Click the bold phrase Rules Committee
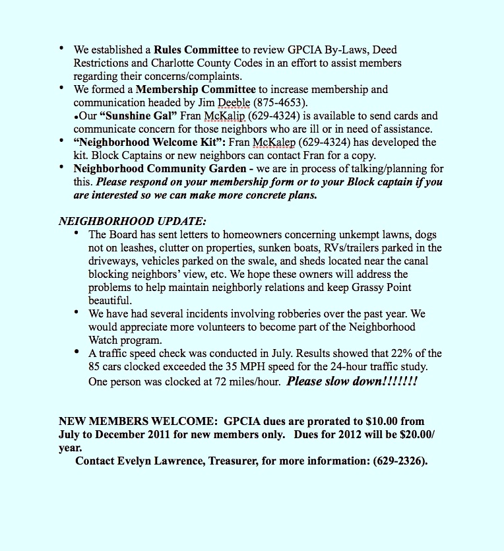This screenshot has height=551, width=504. click(196, 49)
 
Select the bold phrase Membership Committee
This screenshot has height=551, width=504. click(196, 89)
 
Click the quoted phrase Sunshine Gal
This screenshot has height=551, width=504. click(138, 115)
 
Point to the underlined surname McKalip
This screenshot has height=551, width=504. click(226, 115)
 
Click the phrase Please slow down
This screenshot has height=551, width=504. click(352, 381)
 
